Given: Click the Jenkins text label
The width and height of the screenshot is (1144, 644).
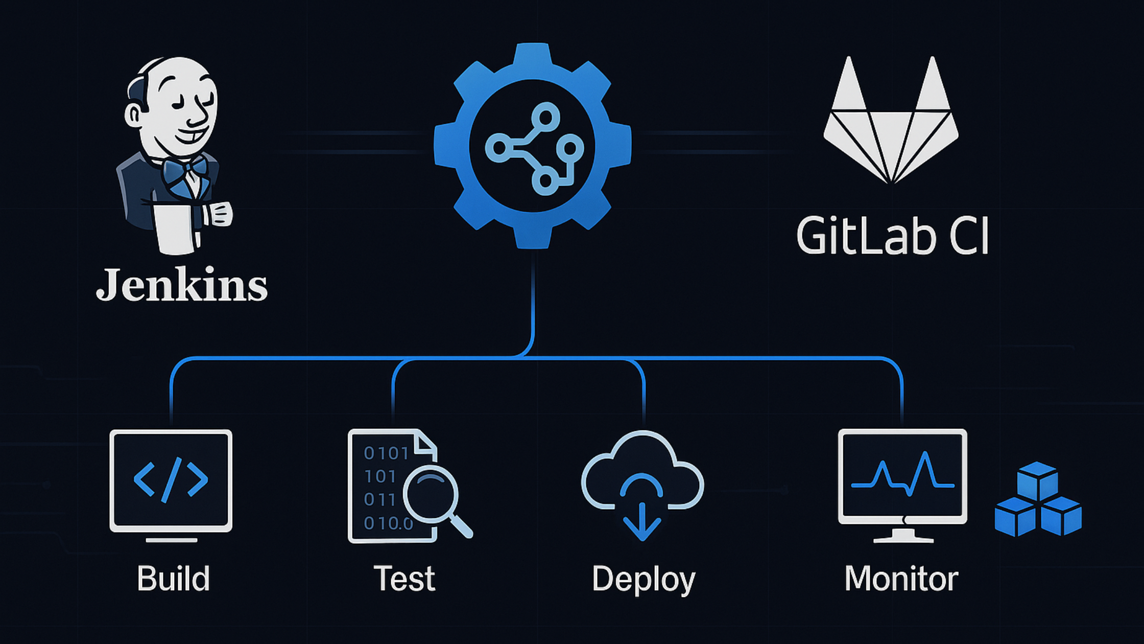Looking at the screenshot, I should (x=181, y=284).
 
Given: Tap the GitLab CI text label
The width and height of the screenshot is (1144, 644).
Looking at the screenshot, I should (x=892, y=236).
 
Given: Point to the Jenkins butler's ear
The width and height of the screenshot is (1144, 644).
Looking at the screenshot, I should (x=134, y=114).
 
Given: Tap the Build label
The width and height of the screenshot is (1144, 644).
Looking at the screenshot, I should (x=173, y=578).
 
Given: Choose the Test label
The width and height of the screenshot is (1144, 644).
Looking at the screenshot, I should (x=404, y=578).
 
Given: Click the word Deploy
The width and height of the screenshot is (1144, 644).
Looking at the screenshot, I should (x=643, y=579).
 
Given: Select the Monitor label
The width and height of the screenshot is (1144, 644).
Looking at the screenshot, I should (x=901, y=578).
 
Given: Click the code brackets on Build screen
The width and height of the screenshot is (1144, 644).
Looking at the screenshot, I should (x=171, y=479).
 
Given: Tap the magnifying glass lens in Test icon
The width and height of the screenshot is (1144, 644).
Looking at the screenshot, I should (x=431, y=494).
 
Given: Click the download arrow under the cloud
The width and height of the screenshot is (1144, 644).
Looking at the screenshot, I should (x=642, y=521).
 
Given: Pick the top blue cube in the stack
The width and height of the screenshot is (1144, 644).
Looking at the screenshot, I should (x=1037, y=480).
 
